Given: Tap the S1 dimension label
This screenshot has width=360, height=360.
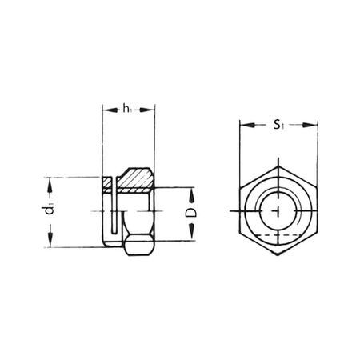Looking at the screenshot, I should [x=278, y=126].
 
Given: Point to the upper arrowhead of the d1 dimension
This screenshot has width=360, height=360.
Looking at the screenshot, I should [x=50, y=182].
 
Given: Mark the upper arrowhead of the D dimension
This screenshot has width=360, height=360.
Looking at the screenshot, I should [x=191, y=193].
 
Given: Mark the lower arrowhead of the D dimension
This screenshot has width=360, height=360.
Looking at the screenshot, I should [x=191, y=235].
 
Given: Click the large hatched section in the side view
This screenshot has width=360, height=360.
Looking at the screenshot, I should [x=137, y=179].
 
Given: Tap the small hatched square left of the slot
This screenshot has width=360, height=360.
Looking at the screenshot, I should [x=110, y=182].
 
